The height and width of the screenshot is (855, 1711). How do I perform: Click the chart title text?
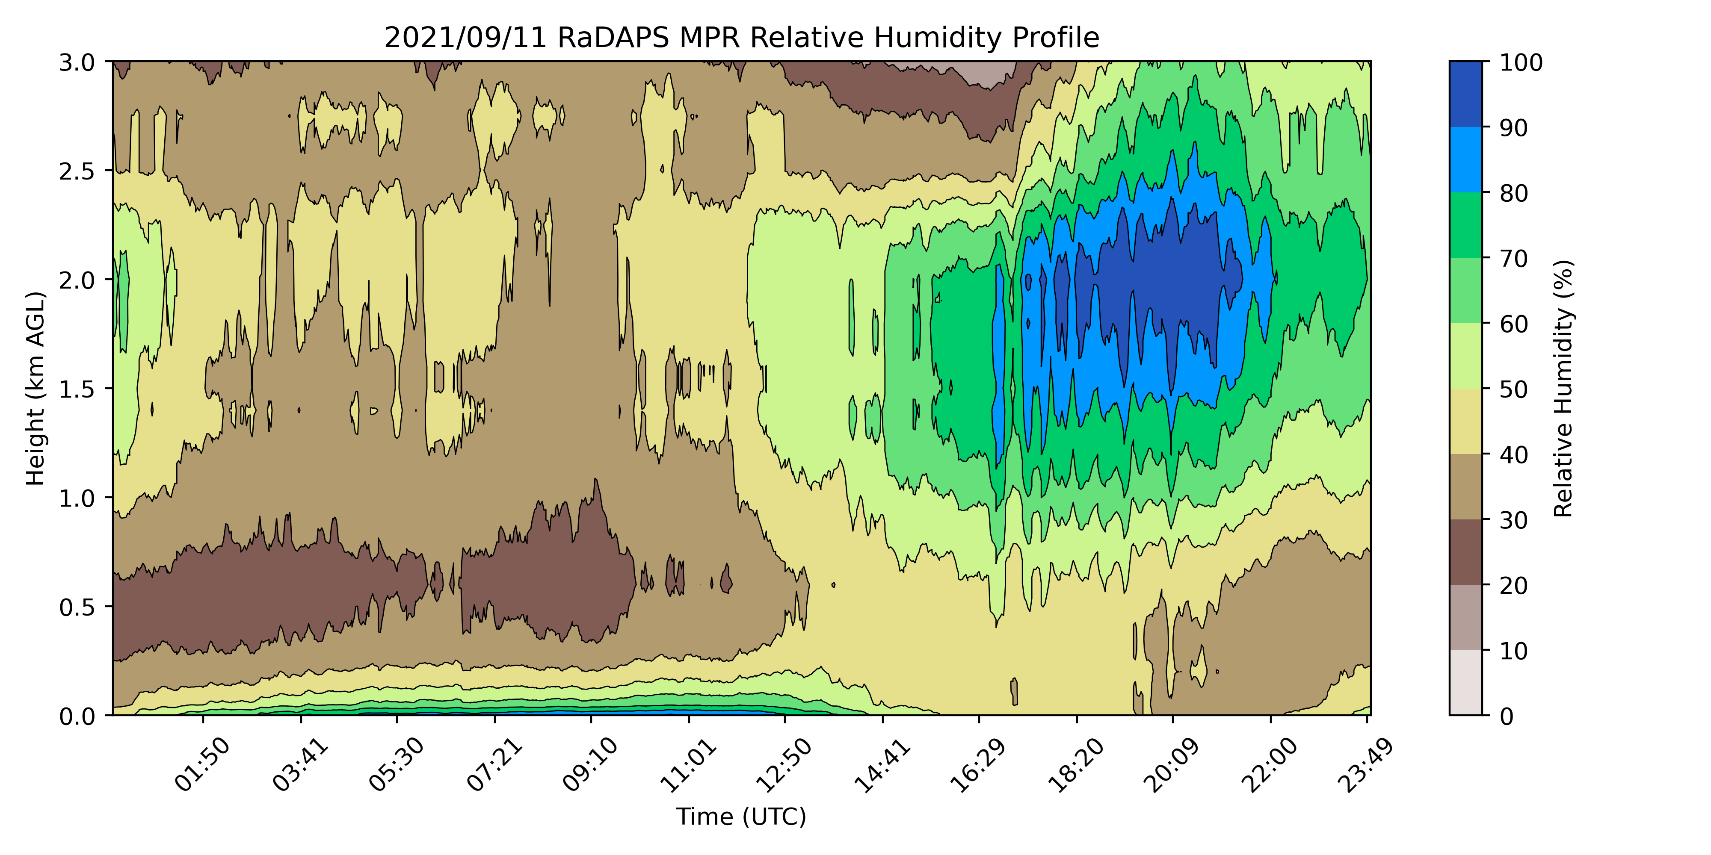tap(741, 38)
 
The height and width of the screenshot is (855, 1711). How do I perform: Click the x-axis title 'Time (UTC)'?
tap(741, 817)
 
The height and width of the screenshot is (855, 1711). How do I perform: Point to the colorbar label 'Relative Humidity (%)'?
tap(1563, 388)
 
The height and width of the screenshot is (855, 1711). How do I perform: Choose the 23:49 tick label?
tap(1366, 765)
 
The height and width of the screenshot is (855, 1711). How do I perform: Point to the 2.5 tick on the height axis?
tap(77, 171)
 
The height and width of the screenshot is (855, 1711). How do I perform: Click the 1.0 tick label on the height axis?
tap(77, 498)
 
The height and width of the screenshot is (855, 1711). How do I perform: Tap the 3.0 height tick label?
tap(77, 62)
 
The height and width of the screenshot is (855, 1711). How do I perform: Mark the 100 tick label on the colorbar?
tap(1521, 62)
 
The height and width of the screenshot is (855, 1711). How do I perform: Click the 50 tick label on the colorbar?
tap(1514, 389)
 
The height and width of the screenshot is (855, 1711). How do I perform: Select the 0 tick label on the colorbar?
tap(1507, 716)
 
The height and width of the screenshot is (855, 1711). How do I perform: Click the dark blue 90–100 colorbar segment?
tap(1465, 94)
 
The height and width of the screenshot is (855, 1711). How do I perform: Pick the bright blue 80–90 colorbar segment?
tap(1465, 159)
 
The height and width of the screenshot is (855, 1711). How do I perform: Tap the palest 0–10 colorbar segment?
tap(1465, 682)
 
